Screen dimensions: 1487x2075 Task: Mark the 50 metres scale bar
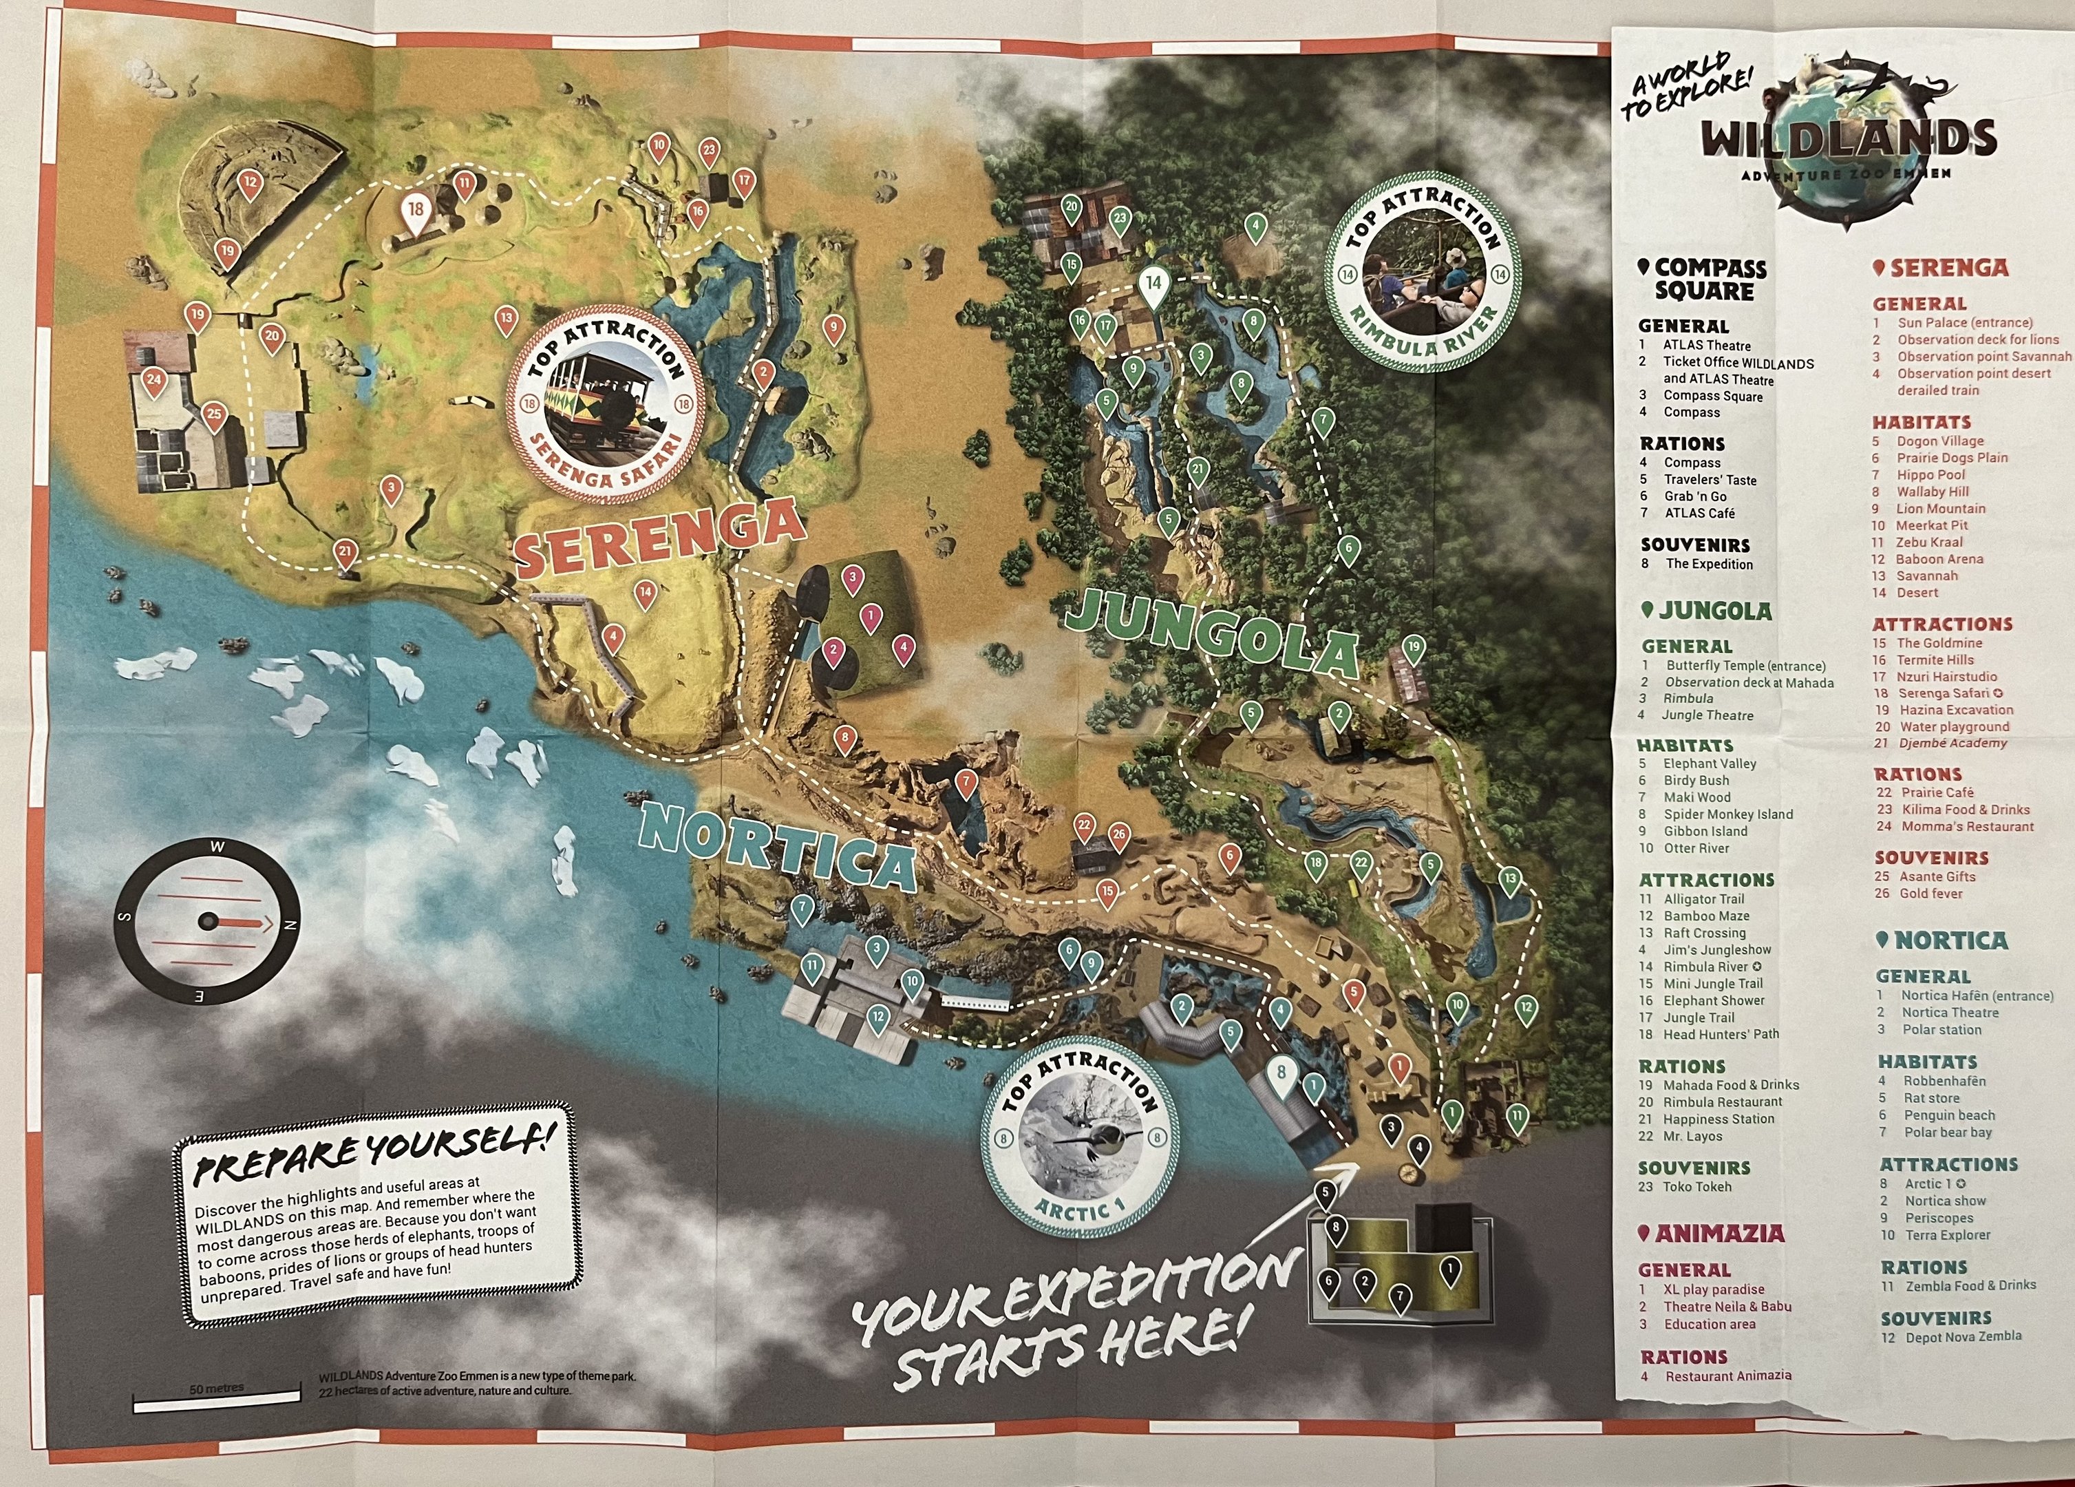[217, 1398]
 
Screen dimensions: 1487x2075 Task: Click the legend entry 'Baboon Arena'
[1939, 559]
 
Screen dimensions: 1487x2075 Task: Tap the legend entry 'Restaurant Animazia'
[1727, 1375]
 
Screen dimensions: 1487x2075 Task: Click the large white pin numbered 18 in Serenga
[416, 211]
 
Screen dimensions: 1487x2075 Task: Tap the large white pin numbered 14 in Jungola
[1153, 284]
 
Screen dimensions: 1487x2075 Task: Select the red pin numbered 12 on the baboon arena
[250, 184]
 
